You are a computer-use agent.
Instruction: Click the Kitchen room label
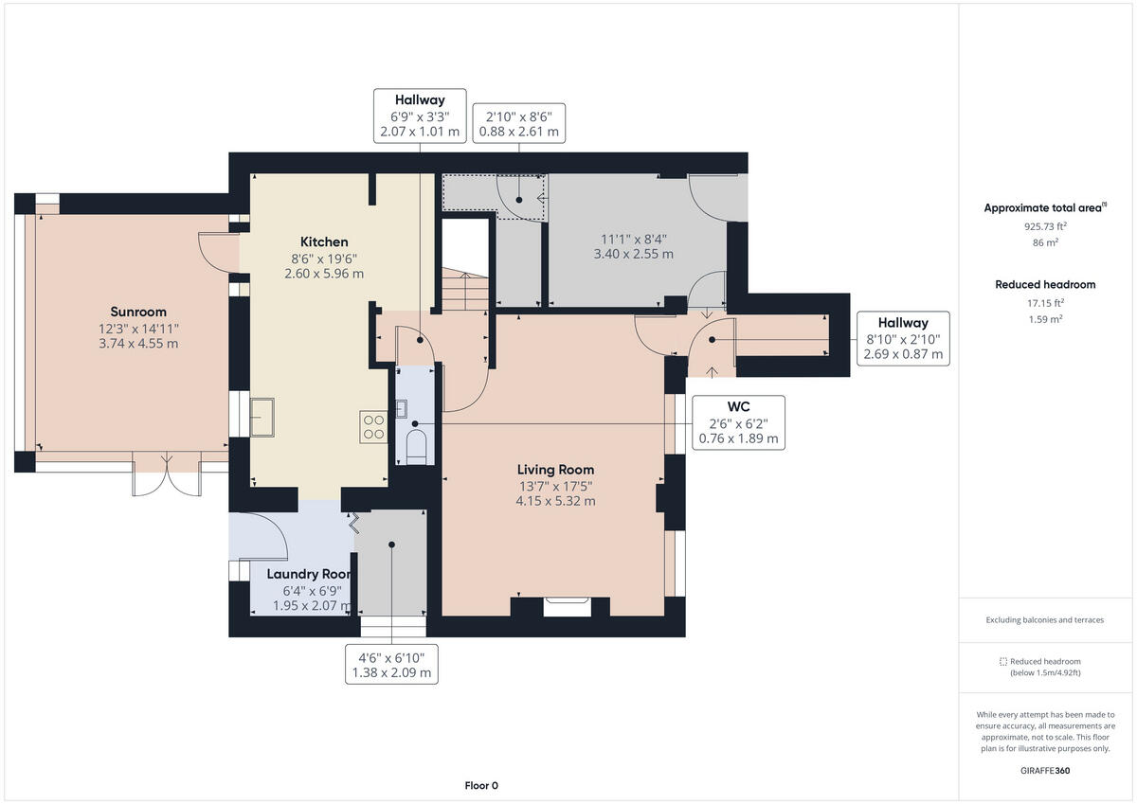[x=324, y=242]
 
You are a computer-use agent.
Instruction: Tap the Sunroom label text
[x=138, y=312]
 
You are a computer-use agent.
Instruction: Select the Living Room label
[x=555, y=470]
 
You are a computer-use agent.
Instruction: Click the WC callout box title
[x=738, y=406]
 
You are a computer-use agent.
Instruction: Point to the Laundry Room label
[x=309, y=574]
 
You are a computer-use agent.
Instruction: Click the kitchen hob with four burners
[x=373, y=426]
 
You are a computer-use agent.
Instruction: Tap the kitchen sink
[x=262, y=417]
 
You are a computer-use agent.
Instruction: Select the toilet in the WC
[x=416, y=447]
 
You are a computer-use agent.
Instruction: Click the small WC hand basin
[x=401, y=408]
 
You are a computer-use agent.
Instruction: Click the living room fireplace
[x=567, y=607]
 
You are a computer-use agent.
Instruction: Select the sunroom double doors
[x=167, y=474]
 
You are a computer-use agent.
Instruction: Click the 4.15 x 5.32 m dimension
[x=555, y=501]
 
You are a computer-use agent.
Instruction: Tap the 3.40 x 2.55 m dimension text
[x=634, y=254]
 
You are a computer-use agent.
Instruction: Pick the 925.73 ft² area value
[x=1045, y=226]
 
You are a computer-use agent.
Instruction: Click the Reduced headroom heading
[x=1045, y=284]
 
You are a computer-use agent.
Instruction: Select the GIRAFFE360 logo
[x=1045, y=771]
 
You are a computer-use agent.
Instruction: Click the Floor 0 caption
[x=481, y=785]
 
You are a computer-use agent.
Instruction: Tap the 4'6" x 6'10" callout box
[x=391, y=665]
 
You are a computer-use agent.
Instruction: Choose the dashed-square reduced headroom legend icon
[x=1003, y=661]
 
